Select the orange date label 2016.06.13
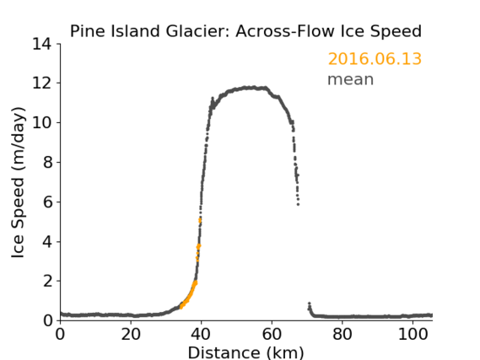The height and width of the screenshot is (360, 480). coord(375,59)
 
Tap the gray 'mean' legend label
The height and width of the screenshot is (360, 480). coord(351,79)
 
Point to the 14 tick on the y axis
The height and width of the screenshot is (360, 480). coord(42,44)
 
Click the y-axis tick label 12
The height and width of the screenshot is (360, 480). coord(42,83)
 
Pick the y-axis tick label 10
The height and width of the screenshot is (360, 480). coord(42,122)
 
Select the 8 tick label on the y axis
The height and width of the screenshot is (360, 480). coord(47,162)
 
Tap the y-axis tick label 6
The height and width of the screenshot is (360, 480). coord(47,201)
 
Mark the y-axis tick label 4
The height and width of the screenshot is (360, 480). coord(47,242)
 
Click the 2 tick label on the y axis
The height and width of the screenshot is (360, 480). coord(47,281)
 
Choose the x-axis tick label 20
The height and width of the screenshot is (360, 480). coord(131,335)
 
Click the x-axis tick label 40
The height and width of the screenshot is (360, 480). coord(201,335)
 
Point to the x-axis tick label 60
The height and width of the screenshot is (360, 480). coord(272,335)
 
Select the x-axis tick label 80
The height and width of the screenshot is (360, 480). coord(342,335)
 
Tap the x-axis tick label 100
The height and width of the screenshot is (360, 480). coord(413,335)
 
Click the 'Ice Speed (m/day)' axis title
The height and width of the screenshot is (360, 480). coord(18,182)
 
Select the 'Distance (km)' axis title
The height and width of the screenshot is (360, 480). coord(245,353)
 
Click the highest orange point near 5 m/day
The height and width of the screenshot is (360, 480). coord(200,219)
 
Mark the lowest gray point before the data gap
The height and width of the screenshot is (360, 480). coord(298,204)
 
